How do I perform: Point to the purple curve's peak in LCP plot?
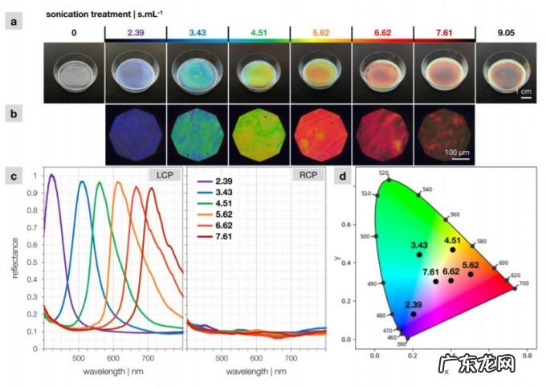click(52, 175)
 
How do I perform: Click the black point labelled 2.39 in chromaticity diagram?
click(414, 314)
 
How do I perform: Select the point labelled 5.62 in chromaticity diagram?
click(471, 274)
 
